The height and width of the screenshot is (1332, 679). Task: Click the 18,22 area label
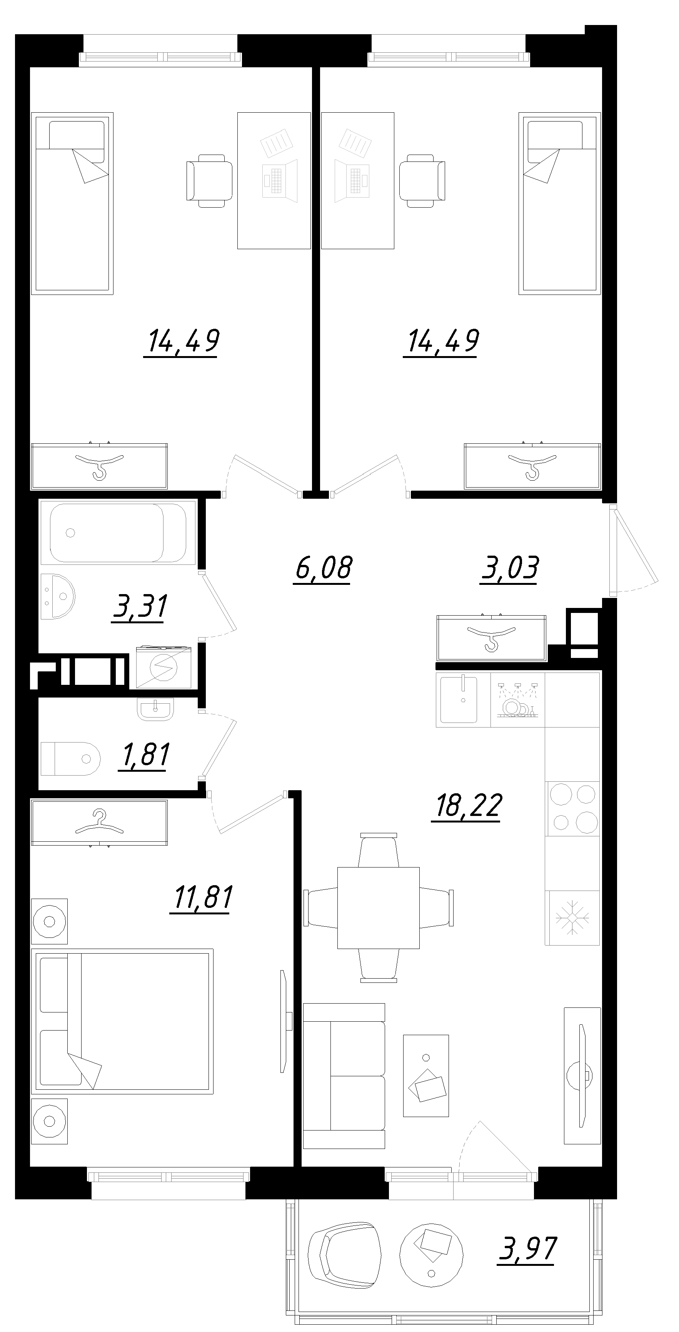468,806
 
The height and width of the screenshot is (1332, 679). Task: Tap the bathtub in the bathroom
118,533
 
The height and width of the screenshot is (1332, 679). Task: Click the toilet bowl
70,759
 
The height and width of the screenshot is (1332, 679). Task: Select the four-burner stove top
573,808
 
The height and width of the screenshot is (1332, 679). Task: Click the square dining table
378,908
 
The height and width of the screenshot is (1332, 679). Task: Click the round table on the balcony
432,1254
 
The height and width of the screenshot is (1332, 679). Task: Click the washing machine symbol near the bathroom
163,668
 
